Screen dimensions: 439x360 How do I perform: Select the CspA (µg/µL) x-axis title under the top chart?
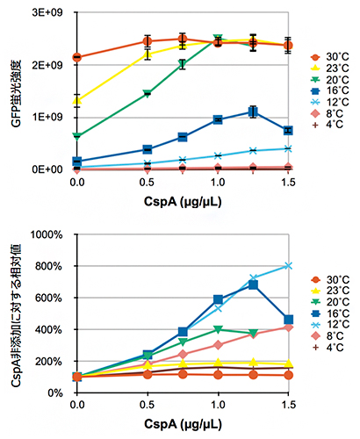point(183,204)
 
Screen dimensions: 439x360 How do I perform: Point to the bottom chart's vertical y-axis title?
point(14,307)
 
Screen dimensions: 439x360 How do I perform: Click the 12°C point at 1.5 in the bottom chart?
point(288,266)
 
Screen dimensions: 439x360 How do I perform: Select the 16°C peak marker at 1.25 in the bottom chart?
point(253,284)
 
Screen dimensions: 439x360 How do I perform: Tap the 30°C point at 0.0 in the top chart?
point(77,57)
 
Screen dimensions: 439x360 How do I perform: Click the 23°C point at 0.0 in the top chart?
point(77,100)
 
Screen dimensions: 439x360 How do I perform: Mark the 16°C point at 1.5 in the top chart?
point(288,130)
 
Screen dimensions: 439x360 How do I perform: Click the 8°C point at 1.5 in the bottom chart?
point(288,327)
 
